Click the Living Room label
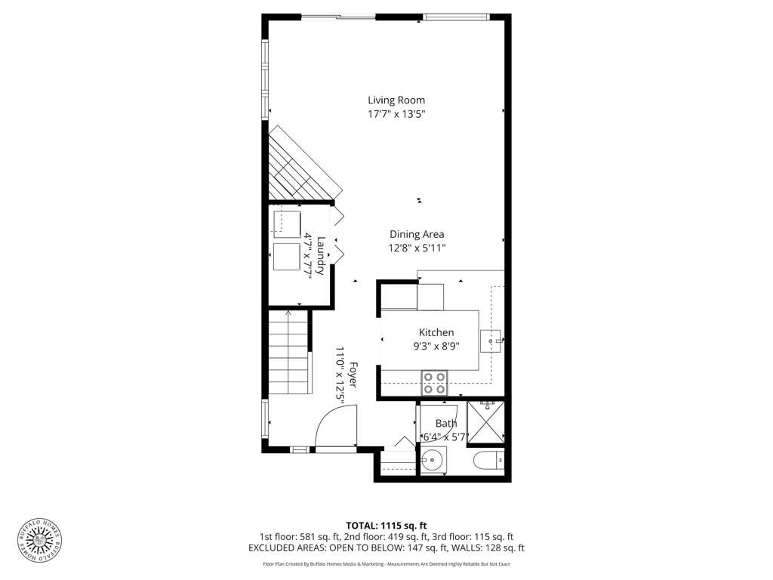[396, 100]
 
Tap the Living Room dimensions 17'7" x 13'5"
[396, 115]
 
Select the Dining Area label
[417, 235]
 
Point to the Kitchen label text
[436, 332]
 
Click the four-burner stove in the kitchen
[434, 383]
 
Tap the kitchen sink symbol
[491, 341]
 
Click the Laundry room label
[320, 256]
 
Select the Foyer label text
[353, 375]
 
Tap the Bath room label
[445, 423]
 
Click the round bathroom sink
[433, 461]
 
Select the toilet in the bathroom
[489, 461]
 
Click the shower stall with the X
[485, 422]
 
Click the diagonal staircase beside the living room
[300, 165]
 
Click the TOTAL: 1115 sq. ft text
[386, 526]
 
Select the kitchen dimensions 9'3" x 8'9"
[436, 346]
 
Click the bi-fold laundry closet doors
[338, 233]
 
